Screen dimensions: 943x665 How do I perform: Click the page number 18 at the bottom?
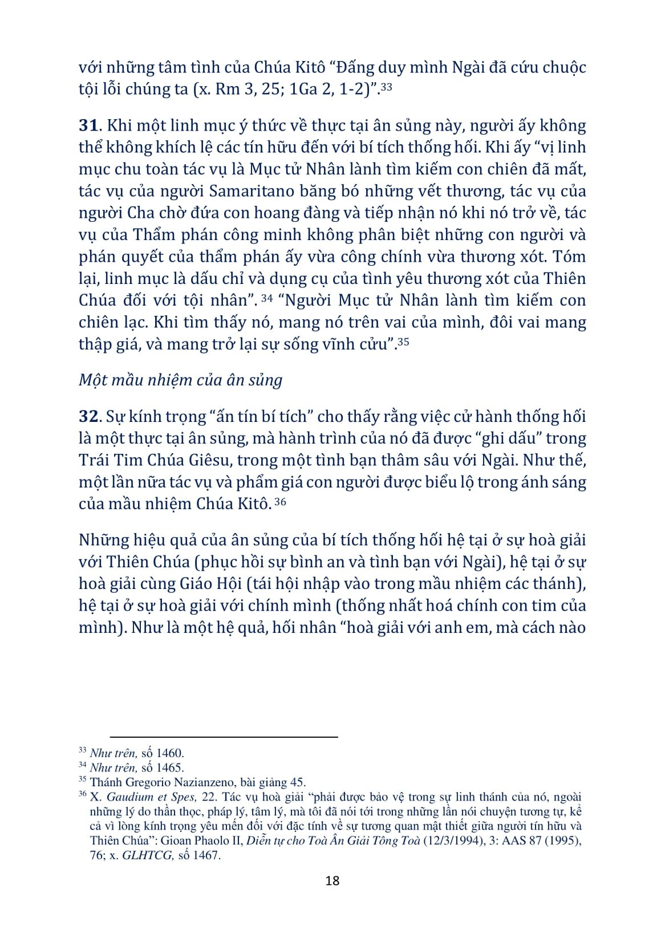[x=332, y=880]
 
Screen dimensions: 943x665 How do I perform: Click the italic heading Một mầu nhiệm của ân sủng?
[x=180, y=380]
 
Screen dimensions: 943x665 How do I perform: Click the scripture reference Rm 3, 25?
[x=248, y=90]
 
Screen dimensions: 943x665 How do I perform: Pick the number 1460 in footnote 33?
[x=170, y=753]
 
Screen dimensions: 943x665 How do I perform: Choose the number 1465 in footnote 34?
[x=170, y=767]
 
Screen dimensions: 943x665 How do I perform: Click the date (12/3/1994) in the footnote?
[x=453, y=840]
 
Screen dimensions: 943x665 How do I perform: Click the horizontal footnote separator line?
[x=224, y=737]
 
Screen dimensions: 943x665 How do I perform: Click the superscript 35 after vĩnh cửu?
[x=403, y=342]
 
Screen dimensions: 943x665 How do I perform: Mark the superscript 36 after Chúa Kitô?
[x=280, y=502]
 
